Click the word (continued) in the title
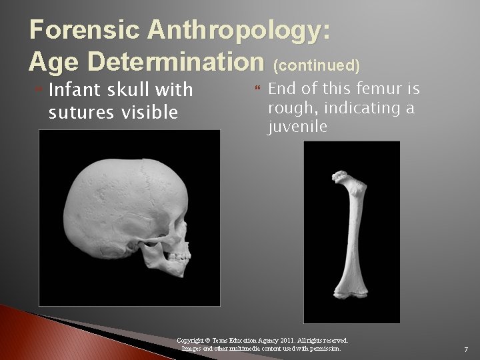[x=317, y=65]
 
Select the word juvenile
[x=297, y=127]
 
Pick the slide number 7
[x=465, y=349]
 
